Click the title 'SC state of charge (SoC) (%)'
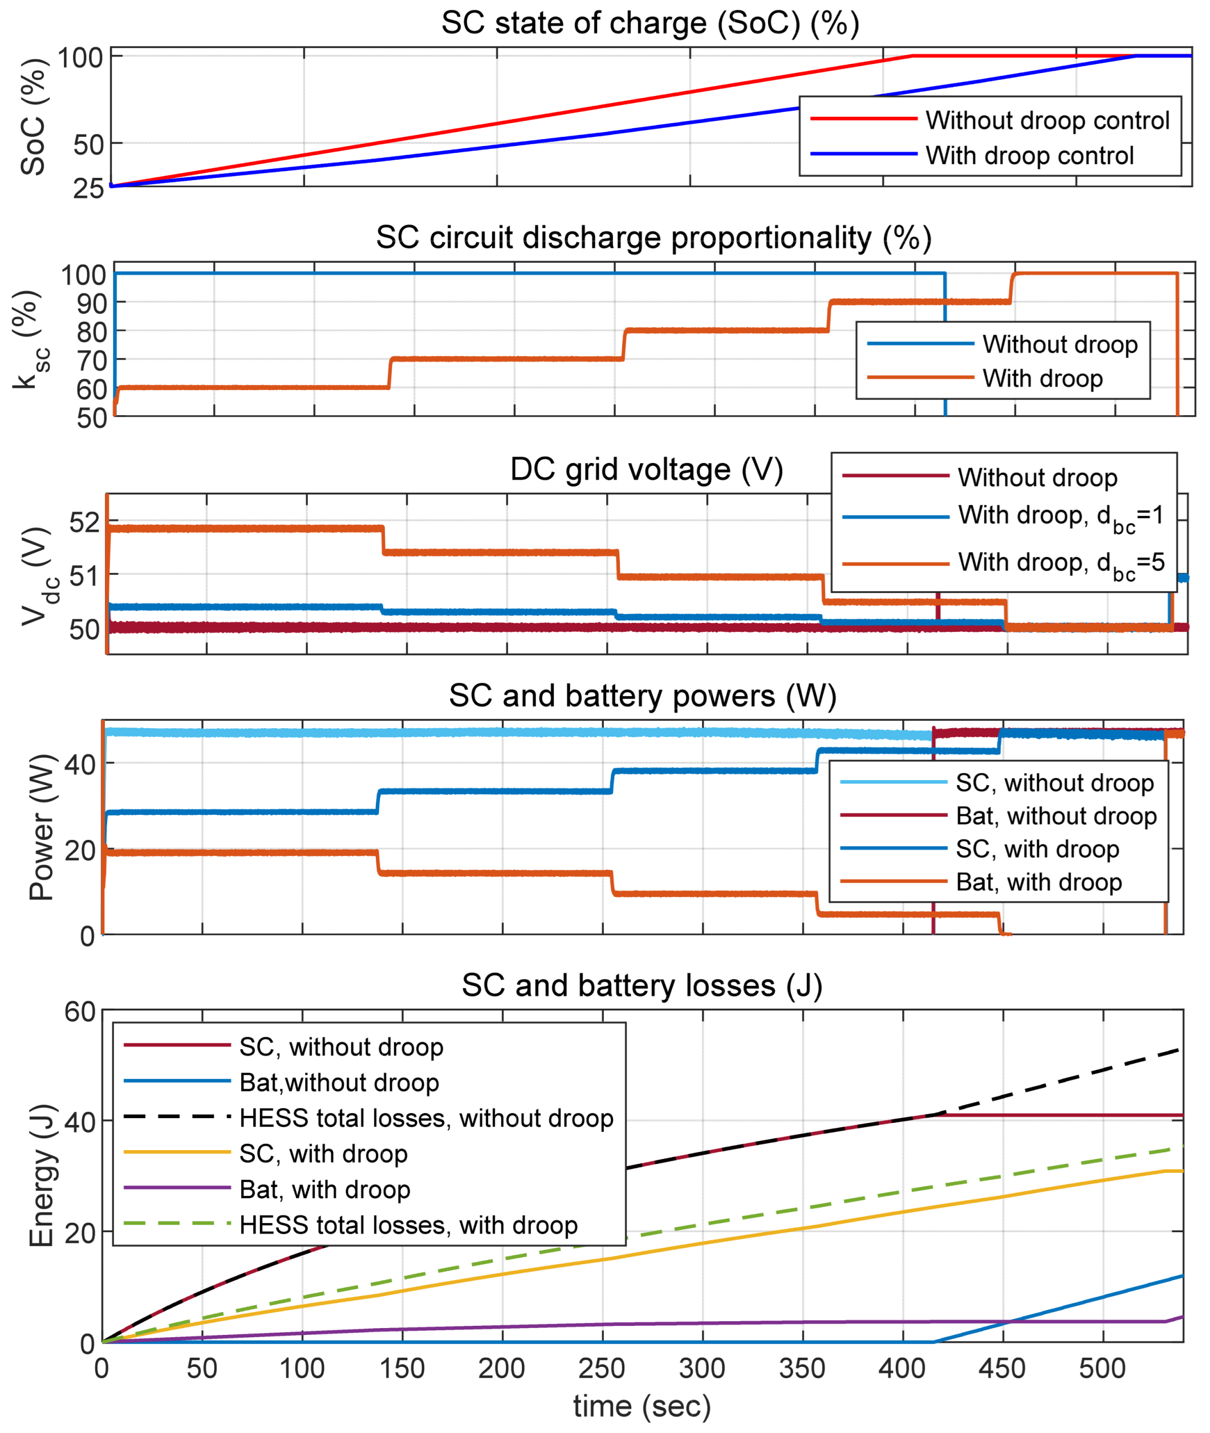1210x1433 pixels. [x=649, y=23]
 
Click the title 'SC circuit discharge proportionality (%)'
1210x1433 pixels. [x=653, y=238]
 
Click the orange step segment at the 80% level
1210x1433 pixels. [x=727, y=330]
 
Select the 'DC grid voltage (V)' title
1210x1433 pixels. [x=646, y=470]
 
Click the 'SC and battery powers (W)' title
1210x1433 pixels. [x=643, y=696]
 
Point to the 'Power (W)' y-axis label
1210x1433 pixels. [x=40, y=827]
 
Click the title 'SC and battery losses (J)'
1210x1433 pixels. [x=641, y=986]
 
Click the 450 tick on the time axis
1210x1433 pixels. [x=1002, y=1369]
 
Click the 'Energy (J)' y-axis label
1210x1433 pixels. [x=40, y=1176]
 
